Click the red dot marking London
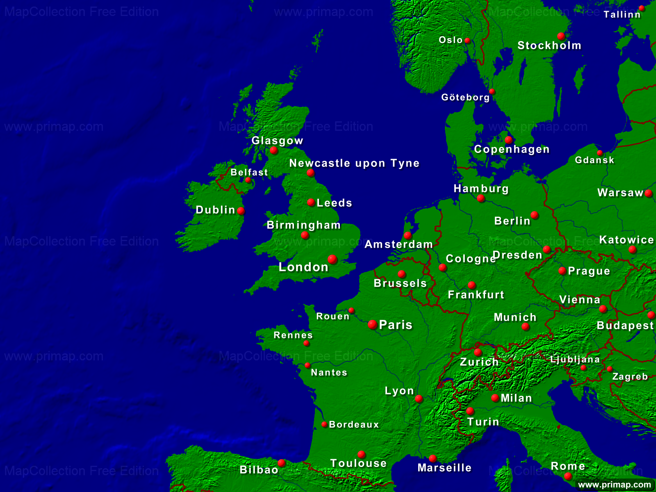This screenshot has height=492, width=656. (x=333, y=259)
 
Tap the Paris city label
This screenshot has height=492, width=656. (x=396, y=325)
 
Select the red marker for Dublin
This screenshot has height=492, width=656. (x=241, y=211)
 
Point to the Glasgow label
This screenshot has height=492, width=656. (x=277, y=141)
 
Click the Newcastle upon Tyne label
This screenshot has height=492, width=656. (x=354, y=163)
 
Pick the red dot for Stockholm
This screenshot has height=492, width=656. (x=561, y=36)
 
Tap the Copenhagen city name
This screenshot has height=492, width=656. (x=512, y=149)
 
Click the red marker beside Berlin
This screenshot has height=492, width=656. (x=535, y=215)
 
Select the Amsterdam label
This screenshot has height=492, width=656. (x=399, y=244)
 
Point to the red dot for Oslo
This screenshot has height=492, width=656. (x=467, y=41)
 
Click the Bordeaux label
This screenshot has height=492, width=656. (x=354, y=425)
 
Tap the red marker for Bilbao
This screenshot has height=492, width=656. (x=282, y=463)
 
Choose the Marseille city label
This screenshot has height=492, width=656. (x=444, y=468)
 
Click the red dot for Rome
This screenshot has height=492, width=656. (x=568, y=476)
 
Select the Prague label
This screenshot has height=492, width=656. (x=589, y=271)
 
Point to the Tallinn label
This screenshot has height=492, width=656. (x=622, y=15)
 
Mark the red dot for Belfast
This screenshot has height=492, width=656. (x=248, y=180)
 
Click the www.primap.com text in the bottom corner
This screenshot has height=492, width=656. (x=614, y=485)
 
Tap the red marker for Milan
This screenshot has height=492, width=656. (x=495, y=398)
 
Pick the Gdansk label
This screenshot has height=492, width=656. (x=594, y=160)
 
